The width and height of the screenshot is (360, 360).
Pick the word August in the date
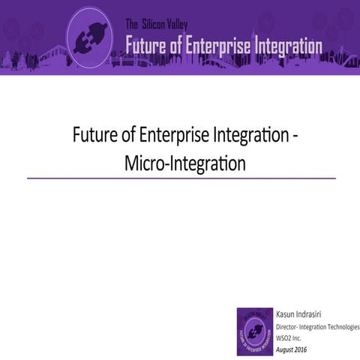point(286,349)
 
